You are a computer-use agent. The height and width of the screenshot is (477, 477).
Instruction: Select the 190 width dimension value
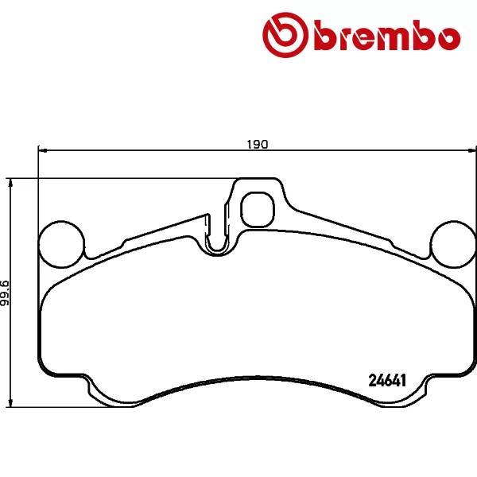pyautogui.click(x=256, y=145)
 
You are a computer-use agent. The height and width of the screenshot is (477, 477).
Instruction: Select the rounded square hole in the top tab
pyautogui.click(x=257, y=208)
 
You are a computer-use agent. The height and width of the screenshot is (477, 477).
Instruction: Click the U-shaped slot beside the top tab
pyautogui.click(x=215, y=239)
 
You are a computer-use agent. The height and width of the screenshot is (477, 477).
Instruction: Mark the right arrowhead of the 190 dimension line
pyautogui.click(x=470, y=150)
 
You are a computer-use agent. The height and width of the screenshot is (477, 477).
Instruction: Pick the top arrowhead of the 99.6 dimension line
pyautogui.click(x=10, y=184)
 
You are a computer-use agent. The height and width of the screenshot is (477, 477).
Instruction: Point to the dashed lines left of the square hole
pyautogui.click(x=228, y=215)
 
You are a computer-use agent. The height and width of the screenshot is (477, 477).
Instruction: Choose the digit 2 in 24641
pyautogui.click(x=372, y=380)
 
